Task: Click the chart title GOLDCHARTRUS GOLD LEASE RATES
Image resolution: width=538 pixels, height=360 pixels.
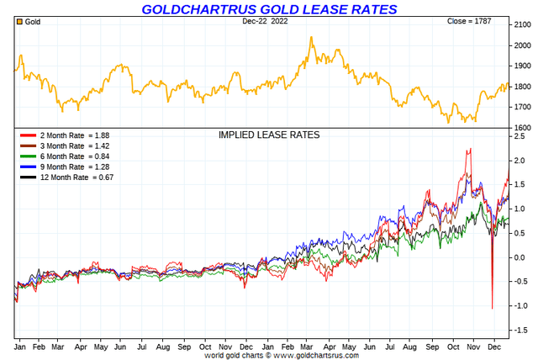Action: [x=269, y=9]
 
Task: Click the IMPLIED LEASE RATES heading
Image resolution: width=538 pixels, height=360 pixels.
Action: [x=269, y=135]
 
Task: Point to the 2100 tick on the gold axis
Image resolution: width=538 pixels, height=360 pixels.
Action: [x=522, y=24]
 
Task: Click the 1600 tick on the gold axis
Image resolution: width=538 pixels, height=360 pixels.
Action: [x=522, y=127]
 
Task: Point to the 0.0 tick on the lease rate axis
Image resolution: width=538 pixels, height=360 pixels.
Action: [x=520, y=257]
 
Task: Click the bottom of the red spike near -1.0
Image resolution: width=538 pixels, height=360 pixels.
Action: [x=492, y=309]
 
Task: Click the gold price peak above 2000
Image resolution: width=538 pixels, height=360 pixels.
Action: [x=311, y=37]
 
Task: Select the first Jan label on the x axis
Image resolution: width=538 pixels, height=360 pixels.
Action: [x=20, y=346]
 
